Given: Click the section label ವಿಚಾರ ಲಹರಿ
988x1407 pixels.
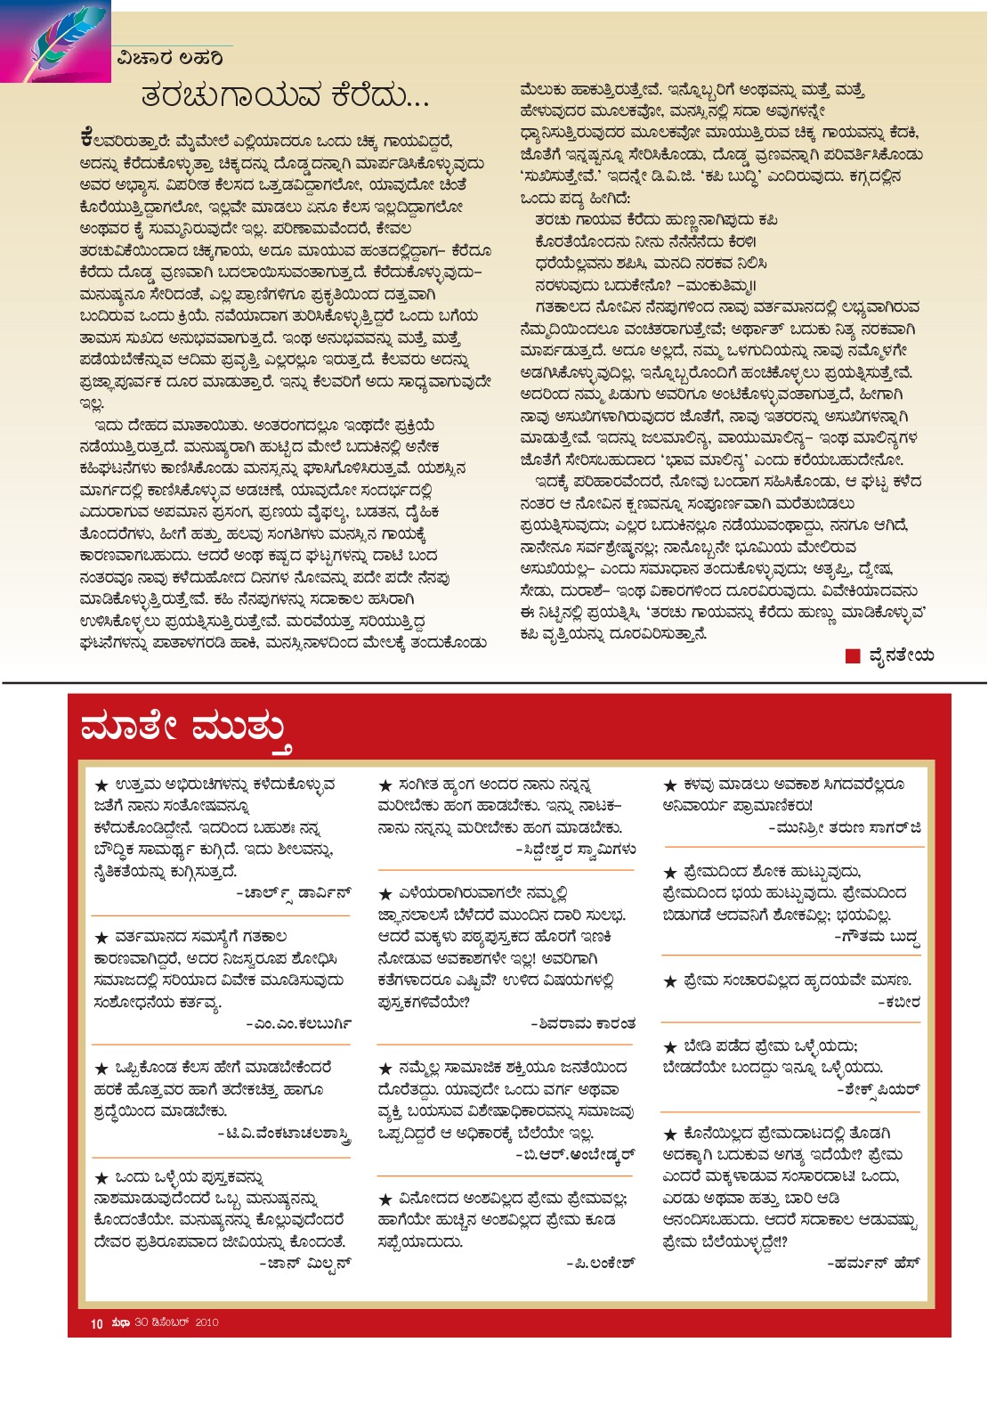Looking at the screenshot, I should tap(169, 59).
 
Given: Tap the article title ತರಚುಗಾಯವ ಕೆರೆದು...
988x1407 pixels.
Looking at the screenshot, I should tap(285, 95).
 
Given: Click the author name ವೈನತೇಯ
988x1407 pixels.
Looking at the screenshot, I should tap(901, 656).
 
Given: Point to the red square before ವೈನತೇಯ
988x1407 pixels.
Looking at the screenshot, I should tap(853, 656).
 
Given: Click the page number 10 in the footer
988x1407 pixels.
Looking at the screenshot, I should tap(97, 1323).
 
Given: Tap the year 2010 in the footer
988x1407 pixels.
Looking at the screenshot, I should tap(207, 1322).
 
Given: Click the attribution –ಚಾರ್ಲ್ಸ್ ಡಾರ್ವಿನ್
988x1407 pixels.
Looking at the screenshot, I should tap(293, 893).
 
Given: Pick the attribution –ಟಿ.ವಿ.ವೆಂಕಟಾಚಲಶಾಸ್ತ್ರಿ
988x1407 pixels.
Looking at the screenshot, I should tap(284, 1134).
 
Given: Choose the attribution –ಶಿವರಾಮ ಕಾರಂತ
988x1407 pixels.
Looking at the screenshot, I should tap(583, 1024).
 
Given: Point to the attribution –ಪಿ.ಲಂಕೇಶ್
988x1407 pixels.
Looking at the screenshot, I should tap(601, 1264).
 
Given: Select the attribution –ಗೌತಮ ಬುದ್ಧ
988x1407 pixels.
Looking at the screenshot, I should tap(876, 938).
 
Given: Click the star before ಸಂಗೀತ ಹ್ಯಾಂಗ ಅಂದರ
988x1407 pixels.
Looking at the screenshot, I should tap(385, 785).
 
